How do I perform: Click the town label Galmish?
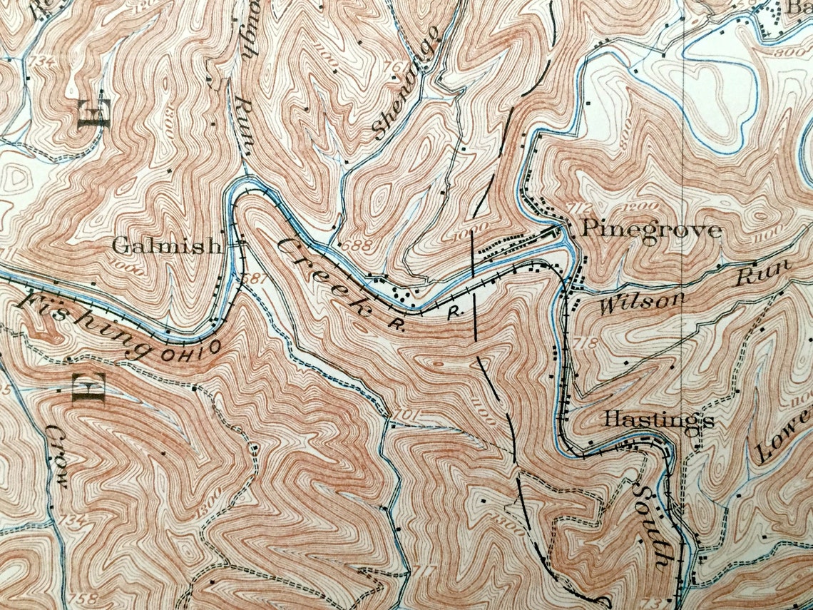pyautogui.click(x=167, y=246)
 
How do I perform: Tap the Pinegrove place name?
pyautogui.click(x=652, y=230)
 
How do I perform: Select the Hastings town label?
pyautogui.click(x=658, y=420)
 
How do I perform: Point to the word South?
pyautogui.click(x=652, y=524)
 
